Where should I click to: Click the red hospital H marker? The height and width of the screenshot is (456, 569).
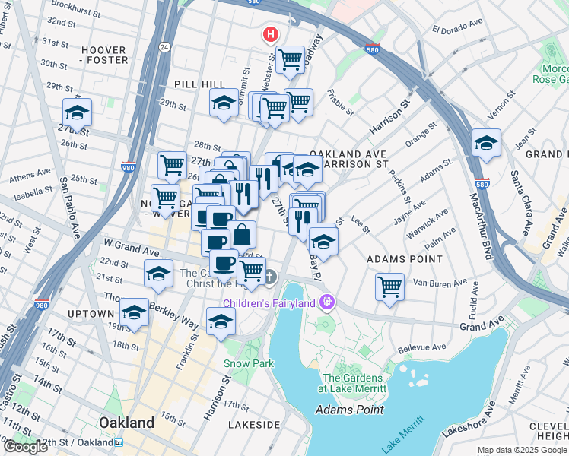point(269,34)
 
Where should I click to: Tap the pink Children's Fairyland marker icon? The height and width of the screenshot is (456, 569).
point(327,302)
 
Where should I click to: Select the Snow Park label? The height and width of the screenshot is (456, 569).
point(248,363)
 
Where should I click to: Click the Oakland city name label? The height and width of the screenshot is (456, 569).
point(126,423)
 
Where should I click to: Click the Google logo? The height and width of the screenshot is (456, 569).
point(25,447)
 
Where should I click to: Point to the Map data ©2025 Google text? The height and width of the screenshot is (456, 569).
point(522,450)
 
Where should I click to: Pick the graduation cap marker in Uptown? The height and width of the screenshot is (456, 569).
point(134,313)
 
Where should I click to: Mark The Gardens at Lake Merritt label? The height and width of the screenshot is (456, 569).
point(354,383)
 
